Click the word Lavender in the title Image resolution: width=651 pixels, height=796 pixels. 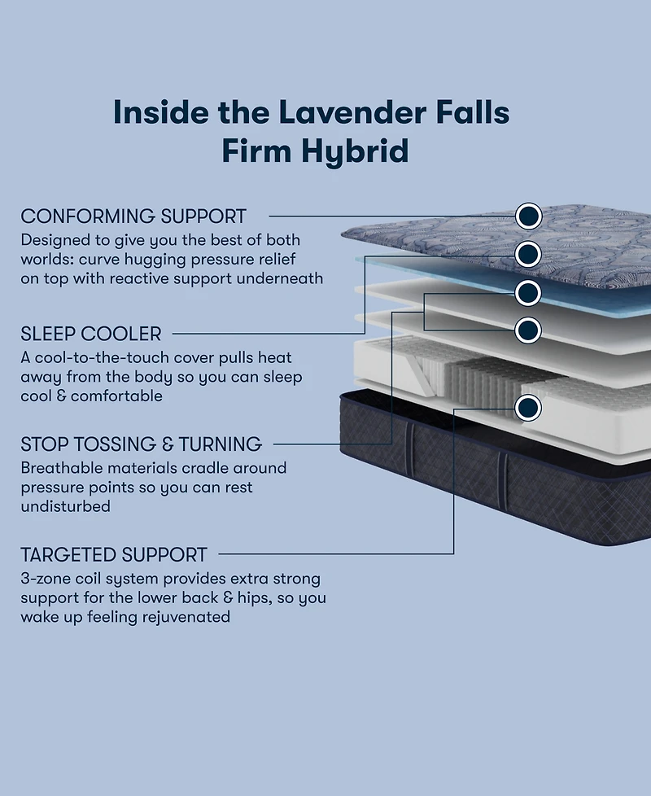[347, 112]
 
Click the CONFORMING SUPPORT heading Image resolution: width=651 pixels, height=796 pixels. [133, 216]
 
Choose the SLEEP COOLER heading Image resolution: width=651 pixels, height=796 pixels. [91, 334]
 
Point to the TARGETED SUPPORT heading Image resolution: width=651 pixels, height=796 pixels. [114, 555]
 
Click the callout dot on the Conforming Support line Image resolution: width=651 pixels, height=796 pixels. [528, 216]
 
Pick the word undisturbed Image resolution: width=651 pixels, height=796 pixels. [65, 506]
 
